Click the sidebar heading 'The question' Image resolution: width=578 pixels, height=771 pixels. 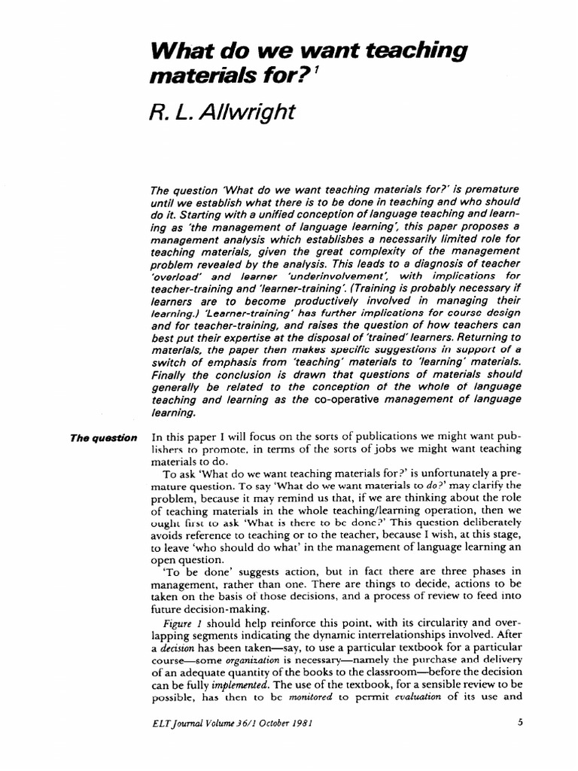[104, 437]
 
